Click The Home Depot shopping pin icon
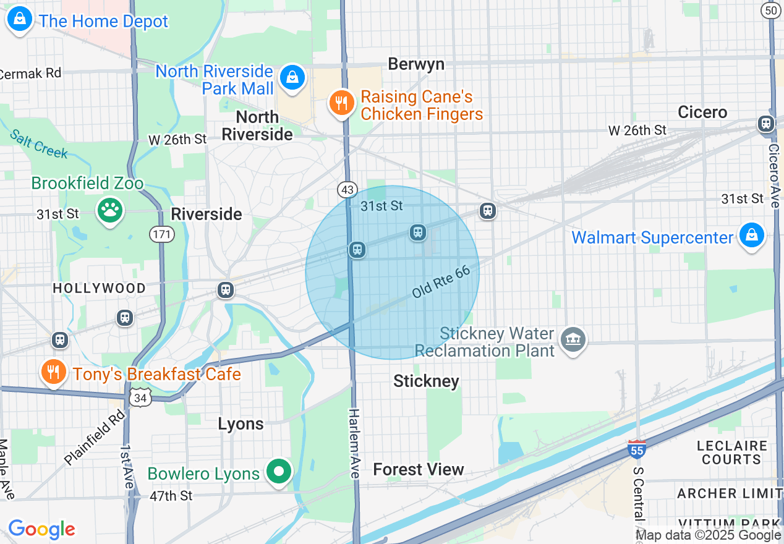[19, 20]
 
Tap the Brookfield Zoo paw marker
[110, 211]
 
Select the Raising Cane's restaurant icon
[341, 103]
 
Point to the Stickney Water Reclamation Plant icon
[573, 339]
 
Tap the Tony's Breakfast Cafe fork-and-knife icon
[54, 372]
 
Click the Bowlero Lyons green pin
[279, 472]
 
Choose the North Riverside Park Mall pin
[292, 78]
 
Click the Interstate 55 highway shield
[636, 449]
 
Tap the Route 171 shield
[161, 234]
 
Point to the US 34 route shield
[140, 397]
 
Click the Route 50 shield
[770, 10]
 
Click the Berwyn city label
[416, 64]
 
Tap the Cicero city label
[702, 112]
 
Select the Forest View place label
[418, 470]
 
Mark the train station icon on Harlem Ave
[356, 250]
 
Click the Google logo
[41, 529]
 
